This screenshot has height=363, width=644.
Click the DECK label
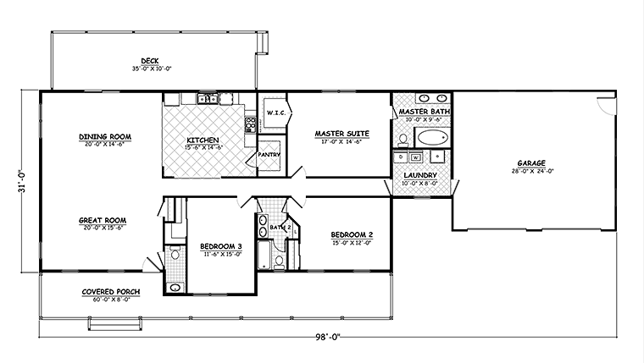150,61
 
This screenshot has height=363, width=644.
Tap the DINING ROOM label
105,136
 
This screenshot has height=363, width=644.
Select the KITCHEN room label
203,140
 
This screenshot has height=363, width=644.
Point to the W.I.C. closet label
276,113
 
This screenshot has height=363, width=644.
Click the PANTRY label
269,155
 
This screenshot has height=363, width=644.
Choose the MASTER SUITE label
341,134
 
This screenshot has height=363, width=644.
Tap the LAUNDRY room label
420,175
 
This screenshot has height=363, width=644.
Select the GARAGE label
531,163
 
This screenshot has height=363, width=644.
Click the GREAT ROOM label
103,221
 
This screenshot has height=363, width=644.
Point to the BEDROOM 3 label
221,246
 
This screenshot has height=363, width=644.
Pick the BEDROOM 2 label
352,235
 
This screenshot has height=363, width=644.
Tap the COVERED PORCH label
111,292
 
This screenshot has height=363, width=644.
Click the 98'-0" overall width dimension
328,337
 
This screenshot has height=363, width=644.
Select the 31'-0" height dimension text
23,181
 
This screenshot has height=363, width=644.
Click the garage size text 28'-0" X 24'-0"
532,171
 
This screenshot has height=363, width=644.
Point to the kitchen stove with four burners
251,124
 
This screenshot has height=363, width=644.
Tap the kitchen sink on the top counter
208,99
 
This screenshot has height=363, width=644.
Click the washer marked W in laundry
416,157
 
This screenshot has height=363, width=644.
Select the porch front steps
115,324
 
